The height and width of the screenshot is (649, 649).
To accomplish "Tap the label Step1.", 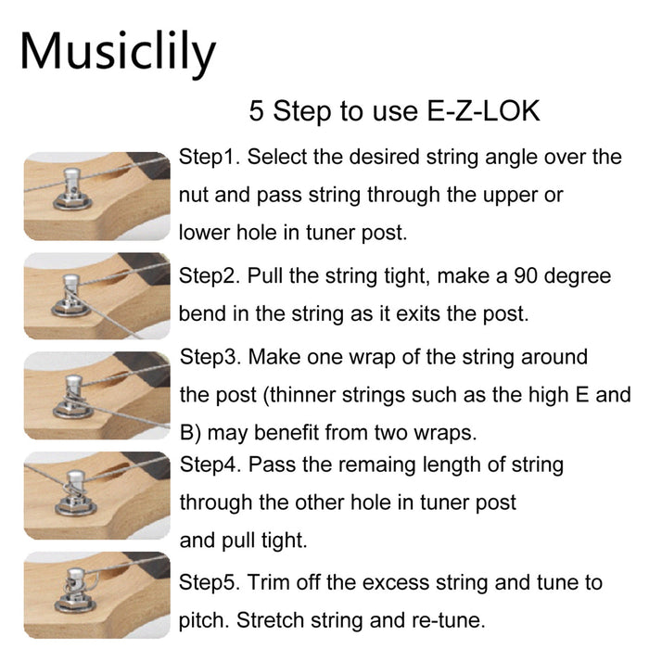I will (210, 157).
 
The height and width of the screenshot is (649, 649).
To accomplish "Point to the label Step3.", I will (210, 357).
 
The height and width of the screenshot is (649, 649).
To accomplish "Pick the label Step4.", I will (210, 464).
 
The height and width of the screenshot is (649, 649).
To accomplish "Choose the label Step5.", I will (210, 583).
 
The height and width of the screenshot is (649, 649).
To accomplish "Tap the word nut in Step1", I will (195, 196).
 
